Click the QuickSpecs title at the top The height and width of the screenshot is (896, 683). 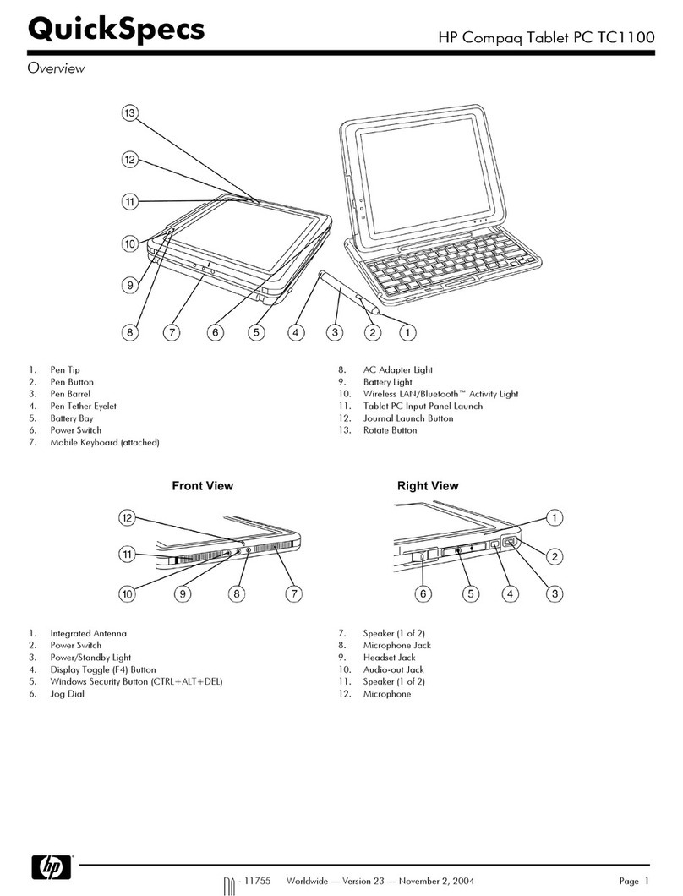[116, 30]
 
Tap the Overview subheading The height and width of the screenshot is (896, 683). [56, 68]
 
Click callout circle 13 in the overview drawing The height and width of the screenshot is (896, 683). [129, 115]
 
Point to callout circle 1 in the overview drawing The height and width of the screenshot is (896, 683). [407, 333]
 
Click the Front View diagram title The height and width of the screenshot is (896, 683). [202, 486]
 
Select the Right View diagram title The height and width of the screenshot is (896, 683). [428, 486]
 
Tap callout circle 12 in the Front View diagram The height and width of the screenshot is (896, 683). [128, 517]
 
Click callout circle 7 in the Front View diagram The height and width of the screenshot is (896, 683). [292, 594]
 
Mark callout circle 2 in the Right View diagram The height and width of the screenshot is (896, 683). [555, 555]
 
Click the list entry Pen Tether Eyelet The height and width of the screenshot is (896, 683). [83, 407]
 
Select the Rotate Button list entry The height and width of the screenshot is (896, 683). [390, 430]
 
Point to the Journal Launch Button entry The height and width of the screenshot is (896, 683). [407, 418]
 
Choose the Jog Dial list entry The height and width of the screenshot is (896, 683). [67, 694]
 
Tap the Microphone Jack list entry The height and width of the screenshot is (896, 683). [396, 646]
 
